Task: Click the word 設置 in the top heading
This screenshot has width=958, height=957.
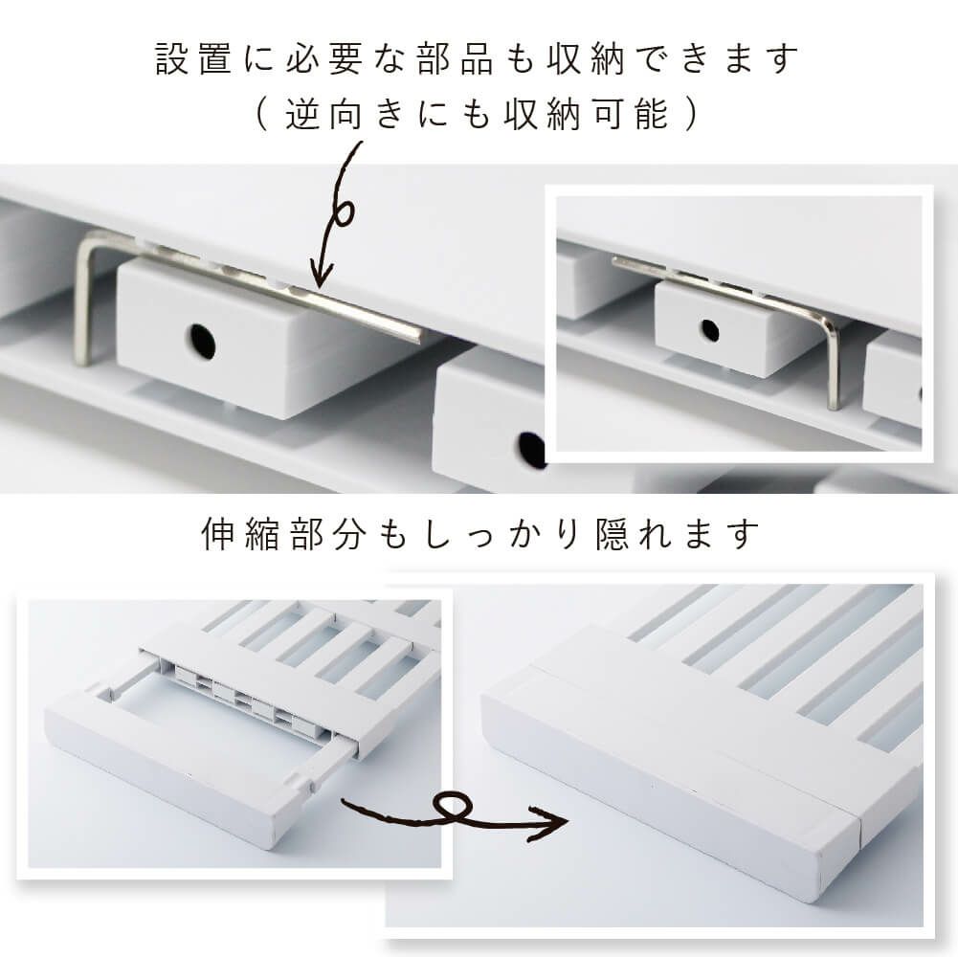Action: (x=193, y=59)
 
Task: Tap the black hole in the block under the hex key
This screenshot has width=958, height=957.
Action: (x=202, y=341)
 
